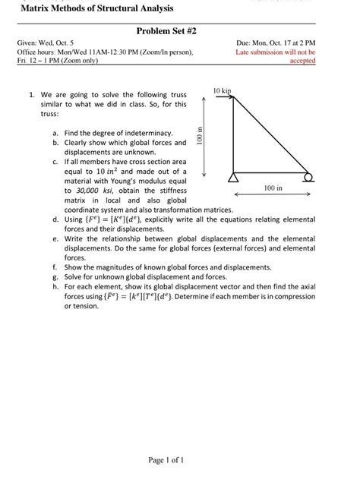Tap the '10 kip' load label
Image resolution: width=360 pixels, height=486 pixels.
point(223,90)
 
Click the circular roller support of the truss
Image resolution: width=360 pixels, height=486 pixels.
point(308,179)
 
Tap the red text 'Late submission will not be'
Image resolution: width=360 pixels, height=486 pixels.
point(276,52)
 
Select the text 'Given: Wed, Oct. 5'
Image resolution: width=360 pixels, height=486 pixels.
point(46,44)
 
